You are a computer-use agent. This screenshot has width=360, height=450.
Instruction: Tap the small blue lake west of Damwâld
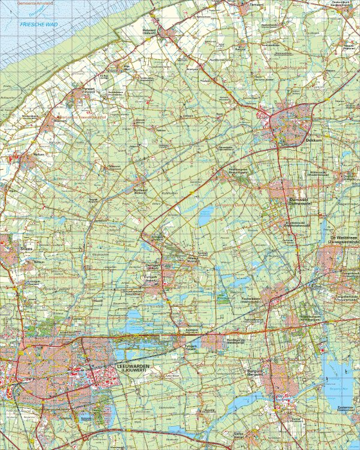pyautogui.click(x=204, y=216)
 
